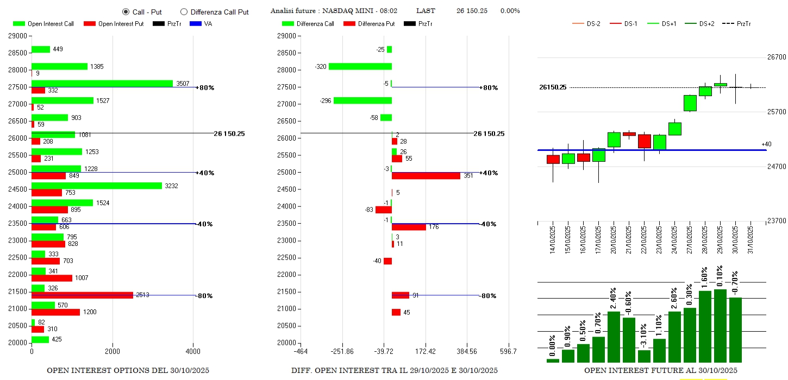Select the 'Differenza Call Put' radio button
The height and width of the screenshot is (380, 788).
pos(184,12)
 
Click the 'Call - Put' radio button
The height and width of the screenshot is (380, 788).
pos(126,12)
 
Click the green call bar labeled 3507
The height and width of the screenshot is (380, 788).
pos(102,84)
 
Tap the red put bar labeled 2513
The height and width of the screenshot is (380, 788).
pos(82,295)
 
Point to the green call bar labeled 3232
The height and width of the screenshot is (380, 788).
pos(97,186)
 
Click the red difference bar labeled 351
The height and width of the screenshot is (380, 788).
pos(426,176)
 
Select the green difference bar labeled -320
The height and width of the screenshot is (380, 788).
pos(360,66)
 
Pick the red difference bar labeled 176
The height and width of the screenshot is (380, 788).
pos(409,227)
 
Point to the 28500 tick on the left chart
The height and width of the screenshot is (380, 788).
pos(17,53)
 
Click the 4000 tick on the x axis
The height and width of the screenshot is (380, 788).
pos(193,352)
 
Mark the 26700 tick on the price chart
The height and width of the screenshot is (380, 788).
pos(776,58)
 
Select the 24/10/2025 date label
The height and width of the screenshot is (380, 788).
pos(675,240)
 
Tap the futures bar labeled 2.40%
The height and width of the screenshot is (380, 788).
pos(614,337)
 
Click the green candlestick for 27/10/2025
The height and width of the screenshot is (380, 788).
pos(690,103)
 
